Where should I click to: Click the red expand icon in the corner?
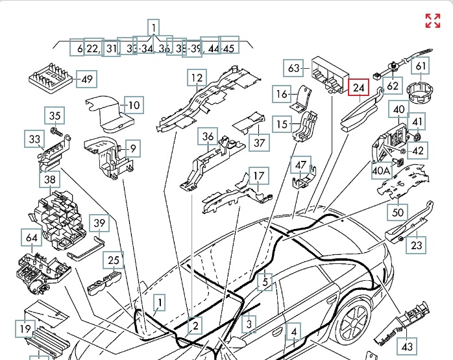tap(433, 21)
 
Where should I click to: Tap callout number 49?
tap(85, 80)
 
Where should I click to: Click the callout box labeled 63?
tap(295, 68)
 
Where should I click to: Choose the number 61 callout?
tap(422, 66)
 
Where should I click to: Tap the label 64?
tap(31, 237)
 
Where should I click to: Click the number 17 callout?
tap(258, 176)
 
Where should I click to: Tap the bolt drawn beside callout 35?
tap(60, 132)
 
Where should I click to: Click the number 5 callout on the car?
tap(265, 282)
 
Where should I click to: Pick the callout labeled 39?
tap(99, 223)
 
